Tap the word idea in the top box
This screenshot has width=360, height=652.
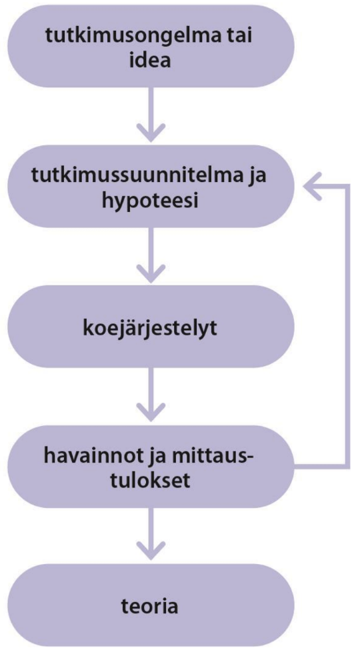[150, 61]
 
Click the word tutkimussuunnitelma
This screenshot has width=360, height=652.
[139, 177]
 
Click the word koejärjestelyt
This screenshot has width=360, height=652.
[150, 328]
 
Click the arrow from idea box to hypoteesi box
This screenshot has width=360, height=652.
[150, 115]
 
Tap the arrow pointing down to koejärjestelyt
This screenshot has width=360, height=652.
[150, 255]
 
